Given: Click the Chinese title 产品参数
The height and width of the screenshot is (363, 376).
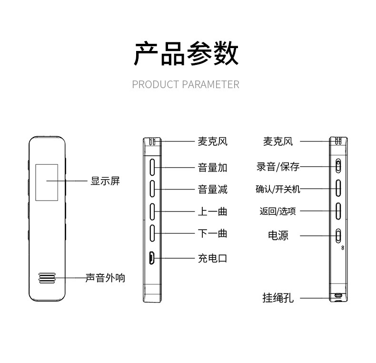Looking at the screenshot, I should point(186,53).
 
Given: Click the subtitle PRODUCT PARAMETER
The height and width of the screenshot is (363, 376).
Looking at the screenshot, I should point(186,85).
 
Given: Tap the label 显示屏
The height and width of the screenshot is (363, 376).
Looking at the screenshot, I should point(105,181).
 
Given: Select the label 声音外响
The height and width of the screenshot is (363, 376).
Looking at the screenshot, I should point(105,278).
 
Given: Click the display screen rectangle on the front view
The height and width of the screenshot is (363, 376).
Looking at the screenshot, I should point(47,181).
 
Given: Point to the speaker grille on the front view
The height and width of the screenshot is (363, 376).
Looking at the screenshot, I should point(47,279).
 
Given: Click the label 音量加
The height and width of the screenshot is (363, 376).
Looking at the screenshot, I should point(212,167).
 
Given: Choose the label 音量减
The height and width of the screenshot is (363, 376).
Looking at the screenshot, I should point(212,189).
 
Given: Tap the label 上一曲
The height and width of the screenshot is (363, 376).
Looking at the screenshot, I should point(212,211).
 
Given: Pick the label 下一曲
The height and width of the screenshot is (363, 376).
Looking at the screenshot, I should point(212,233).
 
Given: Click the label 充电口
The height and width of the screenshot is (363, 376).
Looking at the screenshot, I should point(212,258).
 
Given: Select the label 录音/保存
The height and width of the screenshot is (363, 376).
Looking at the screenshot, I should point(278,167).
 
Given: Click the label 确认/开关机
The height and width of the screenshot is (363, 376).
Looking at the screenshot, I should point(278,189).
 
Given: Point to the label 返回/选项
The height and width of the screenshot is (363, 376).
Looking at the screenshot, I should point(278,211).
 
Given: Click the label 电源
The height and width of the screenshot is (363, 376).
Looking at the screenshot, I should point(278,235).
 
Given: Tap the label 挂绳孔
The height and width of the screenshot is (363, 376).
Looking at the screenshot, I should point(278,298).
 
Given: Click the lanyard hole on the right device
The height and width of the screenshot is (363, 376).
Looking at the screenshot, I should point(338,296).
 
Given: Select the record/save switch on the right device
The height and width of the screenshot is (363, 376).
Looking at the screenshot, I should point(338,166).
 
